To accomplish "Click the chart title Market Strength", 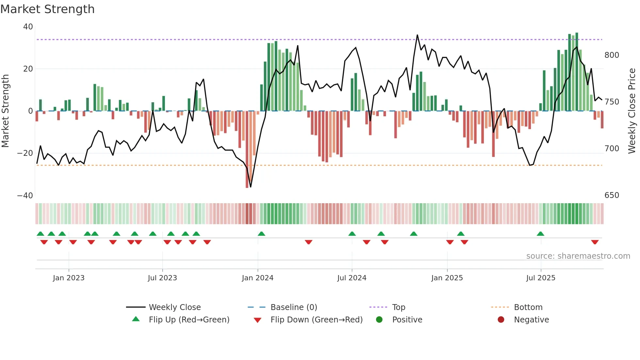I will point(47,9).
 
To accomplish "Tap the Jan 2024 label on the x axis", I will point(257,278).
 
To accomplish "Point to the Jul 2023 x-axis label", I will point(162,278).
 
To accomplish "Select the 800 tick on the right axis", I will point(611,55).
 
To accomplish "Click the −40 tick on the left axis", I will point(25,196).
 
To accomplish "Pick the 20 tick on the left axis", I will point(28,69).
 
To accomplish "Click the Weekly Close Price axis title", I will point(632,111).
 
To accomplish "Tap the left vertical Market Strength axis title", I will point(6,111).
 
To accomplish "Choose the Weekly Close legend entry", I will point(174,307).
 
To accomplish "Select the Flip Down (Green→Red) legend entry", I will point(316,320).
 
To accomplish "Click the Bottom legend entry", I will point(528,307).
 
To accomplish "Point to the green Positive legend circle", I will point(379,320).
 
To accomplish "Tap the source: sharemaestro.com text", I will point(578,256).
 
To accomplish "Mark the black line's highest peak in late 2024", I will point(417,35).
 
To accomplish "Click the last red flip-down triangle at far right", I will point(595,242).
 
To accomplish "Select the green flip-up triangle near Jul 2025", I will point(540,234).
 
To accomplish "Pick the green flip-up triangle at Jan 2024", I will point(261,234).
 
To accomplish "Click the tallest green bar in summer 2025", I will point(577,72).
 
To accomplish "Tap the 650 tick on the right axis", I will point(611,195).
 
